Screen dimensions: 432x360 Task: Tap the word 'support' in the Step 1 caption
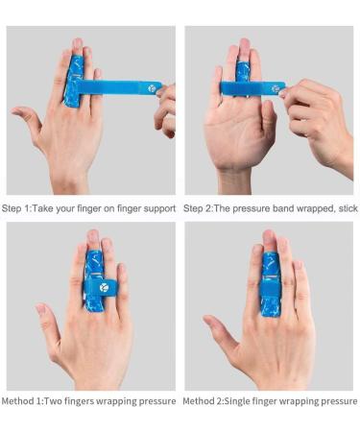coord(156,208)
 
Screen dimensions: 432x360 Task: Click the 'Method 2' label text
coord(204,400)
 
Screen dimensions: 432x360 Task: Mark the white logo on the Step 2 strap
coord(276,88)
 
